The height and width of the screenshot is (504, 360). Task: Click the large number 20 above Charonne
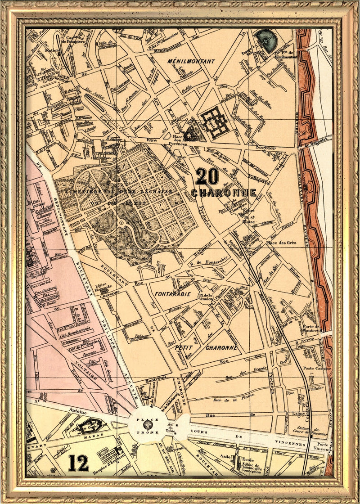point(207,176)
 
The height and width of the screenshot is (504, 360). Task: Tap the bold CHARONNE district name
point(224,193)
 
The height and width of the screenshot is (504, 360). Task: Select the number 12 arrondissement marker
point(79,463)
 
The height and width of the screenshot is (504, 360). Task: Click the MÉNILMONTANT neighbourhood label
point(191,61)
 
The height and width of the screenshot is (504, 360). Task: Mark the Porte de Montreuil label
point(317,329)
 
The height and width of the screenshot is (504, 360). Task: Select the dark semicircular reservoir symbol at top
point(263,39)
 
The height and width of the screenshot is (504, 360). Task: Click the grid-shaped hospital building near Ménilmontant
point(215,121)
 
